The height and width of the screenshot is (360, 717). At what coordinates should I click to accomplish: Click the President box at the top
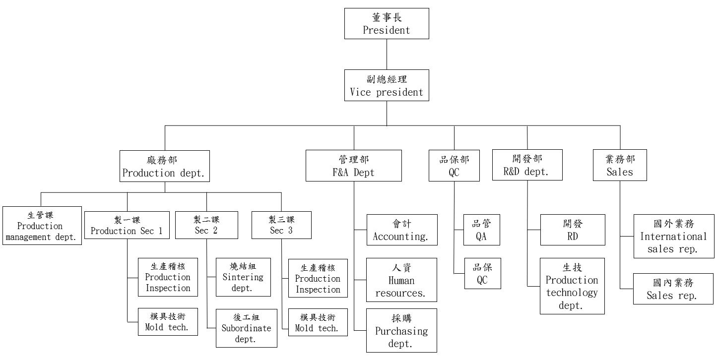point(387,24)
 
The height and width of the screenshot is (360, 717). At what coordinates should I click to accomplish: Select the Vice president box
point(387,85)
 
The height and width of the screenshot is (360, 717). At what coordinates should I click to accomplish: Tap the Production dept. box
point(164,166)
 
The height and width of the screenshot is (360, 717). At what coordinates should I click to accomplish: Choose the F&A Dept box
point(354,166)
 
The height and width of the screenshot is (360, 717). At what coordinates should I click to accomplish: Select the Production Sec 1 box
point(127,225)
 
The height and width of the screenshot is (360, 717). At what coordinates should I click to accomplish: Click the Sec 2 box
point(206,225)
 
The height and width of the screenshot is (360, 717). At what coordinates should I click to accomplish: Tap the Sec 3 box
point(281,225)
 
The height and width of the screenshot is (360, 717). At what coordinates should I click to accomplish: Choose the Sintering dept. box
point(243,277)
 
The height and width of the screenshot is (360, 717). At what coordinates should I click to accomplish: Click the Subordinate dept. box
point(246,328)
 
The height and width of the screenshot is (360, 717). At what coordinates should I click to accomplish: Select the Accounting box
point(402,230)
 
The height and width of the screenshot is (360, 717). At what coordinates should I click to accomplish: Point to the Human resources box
point(402,280)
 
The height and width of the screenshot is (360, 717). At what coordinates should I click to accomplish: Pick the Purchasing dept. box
point(402,330)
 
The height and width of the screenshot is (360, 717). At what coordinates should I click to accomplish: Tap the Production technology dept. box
point(572,286)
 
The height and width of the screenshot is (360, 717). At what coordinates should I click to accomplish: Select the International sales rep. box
point(674,236)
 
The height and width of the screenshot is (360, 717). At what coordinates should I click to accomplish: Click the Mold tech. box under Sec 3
point(318,322)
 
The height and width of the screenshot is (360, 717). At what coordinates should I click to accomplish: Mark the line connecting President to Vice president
point(387,54)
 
